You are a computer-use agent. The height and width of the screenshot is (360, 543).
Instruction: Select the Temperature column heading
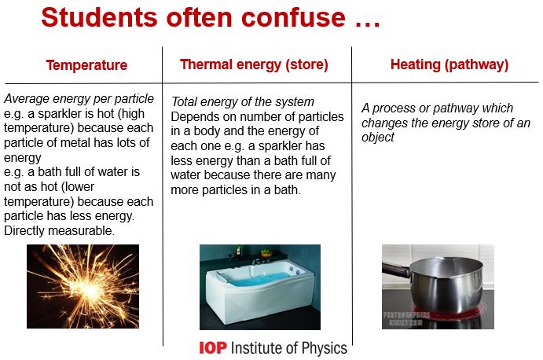(86, 65)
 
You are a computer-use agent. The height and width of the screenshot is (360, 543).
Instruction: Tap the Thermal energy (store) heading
(254, 64)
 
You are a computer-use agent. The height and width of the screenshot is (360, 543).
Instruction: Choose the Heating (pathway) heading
(449, 64)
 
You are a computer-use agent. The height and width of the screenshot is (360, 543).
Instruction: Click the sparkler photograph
(83, 286)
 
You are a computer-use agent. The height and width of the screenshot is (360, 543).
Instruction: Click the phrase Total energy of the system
(243, 102)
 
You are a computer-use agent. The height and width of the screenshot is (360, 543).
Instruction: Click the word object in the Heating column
(379, 137)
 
